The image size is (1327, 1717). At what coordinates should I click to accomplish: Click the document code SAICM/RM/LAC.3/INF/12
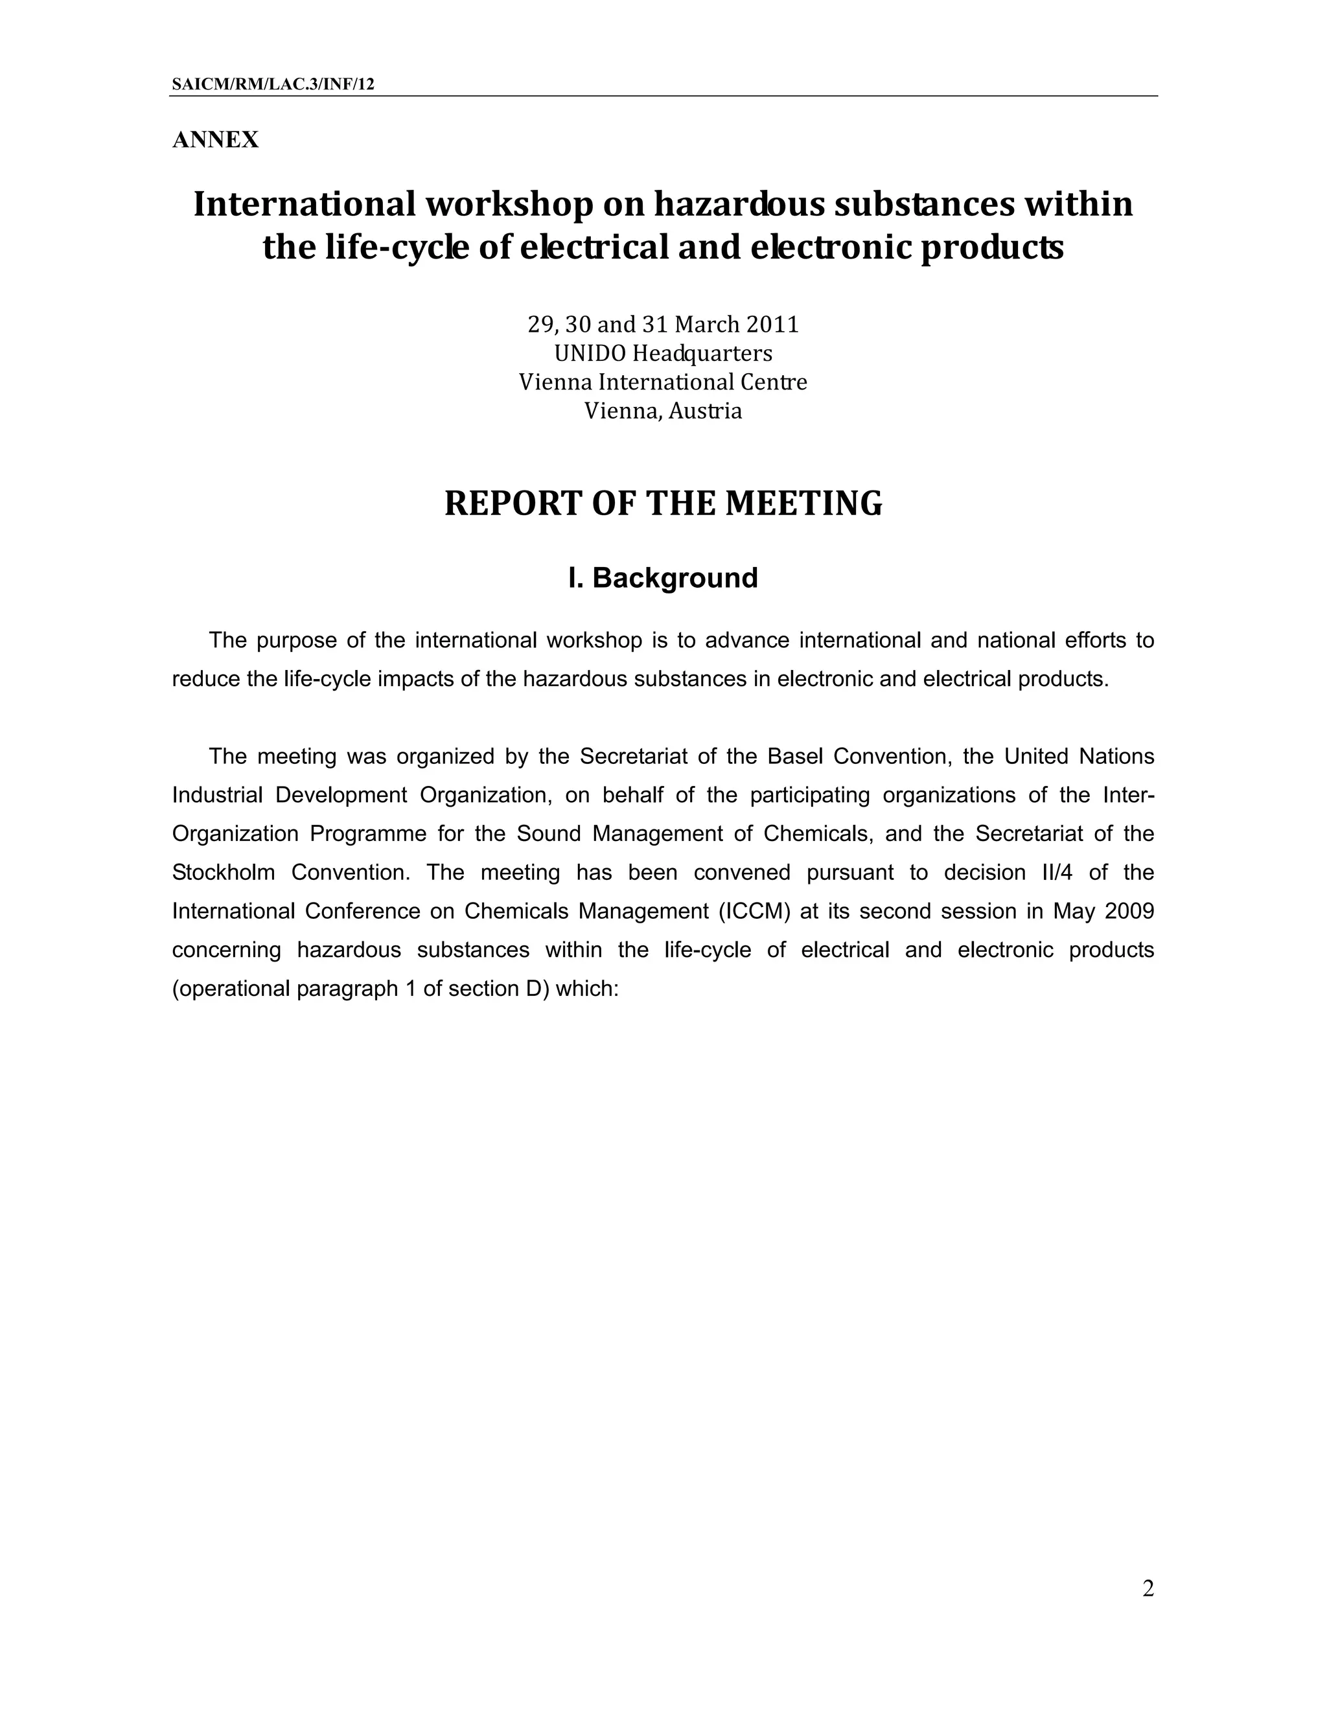[x=273, y=84]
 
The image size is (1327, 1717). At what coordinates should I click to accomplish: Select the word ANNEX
[x=215, y=140]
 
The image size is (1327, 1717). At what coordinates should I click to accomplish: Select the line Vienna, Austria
[x=663, y=410]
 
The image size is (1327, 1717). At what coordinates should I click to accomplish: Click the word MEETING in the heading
[x=803, y=503]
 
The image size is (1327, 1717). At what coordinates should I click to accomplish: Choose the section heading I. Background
[x=663, y=578]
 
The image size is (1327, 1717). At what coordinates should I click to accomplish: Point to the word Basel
[x=795, y=756]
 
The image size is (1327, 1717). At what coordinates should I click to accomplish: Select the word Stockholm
[x=224, y=873]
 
